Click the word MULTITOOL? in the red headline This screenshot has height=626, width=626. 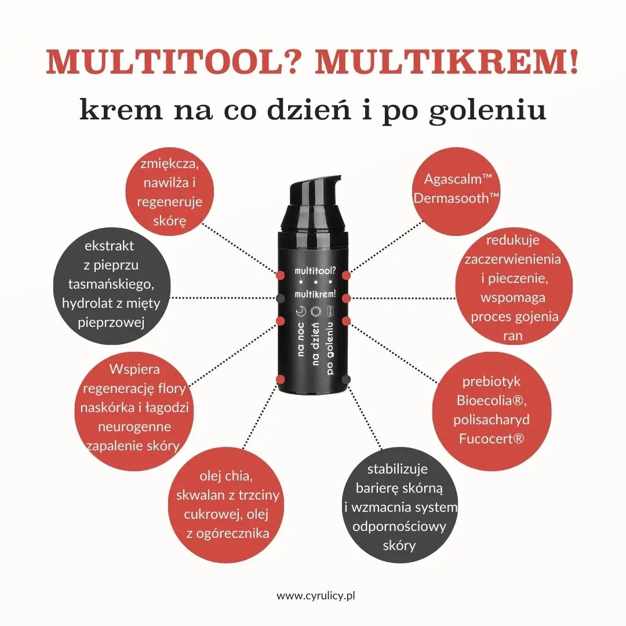pyautogui.click(x=172, y=62)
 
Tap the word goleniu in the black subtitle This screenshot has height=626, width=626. pyautogui.click(x=487, y=111)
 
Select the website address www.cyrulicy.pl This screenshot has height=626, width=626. pyautogui.click(x=316, y=596)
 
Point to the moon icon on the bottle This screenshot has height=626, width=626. pyautogui.click(x=301, y=311)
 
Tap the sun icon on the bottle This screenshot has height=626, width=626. pyautogui.click(x=315, y=311)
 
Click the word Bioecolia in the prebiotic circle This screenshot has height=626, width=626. pyautogui.click(x=488, y=401)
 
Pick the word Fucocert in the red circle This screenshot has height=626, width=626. pyautogui.click(x=486, y=439)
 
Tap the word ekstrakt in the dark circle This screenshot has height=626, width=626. pyautogui.click(x=110, y=246)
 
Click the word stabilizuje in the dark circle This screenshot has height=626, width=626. pyautogui.click(x=397, y=469)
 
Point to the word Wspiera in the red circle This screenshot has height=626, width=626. pyautogui.click(x=134, y=370)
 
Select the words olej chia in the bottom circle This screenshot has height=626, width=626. pyautogui.click(x=225, y=476)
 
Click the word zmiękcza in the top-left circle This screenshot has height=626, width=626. pyautogui.click(x=169, y=164)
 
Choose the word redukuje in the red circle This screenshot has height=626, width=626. pyautogui.click(x=513, y=241)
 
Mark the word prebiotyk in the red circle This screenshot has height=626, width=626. pyautogui.click(x=492, y=381)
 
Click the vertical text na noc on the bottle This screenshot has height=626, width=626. pyautogui.click(x=301, y=339)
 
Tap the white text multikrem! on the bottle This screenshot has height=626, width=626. pyautogui.click(x=315, y=294)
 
